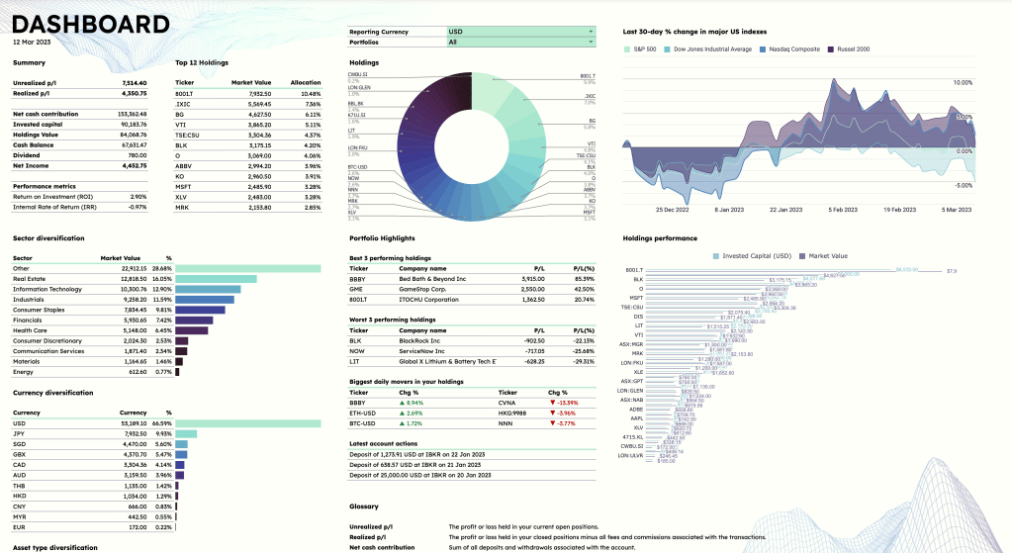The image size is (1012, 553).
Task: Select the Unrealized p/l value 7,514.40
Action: coord(134,82)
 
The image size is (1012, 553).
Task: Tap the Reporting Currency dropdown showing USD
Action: coord(520,32)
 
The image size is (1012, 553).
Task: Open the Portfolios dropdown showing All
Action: coord(520,43)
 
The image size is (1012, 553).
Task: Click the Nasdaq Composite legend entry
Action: coord(792,48)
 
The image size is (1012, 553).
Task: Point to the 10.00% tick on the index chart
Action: coord(962,83)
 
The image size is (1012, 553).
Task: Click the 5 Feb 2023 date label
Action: coord(843,210)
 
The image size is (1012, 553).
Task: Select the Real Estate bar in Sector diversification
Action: coord(217,280)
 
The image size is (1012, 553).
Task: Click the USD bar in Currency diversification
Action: coord(248,423)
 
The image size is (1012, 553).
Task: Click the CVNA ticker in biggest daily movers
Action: coord(507,403)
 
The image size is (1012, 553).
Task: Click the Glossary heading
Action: coord(365,507)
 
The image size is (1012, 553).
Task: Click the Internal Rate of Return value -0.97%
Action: coord(137,207)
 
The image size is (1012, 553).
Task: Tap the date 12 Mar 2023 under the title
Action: coord(34,43)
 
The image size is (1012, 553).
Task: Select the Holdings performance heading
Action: coord(660,237)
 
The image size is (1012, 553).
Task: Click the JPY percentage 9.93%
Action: coord(163,433)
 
